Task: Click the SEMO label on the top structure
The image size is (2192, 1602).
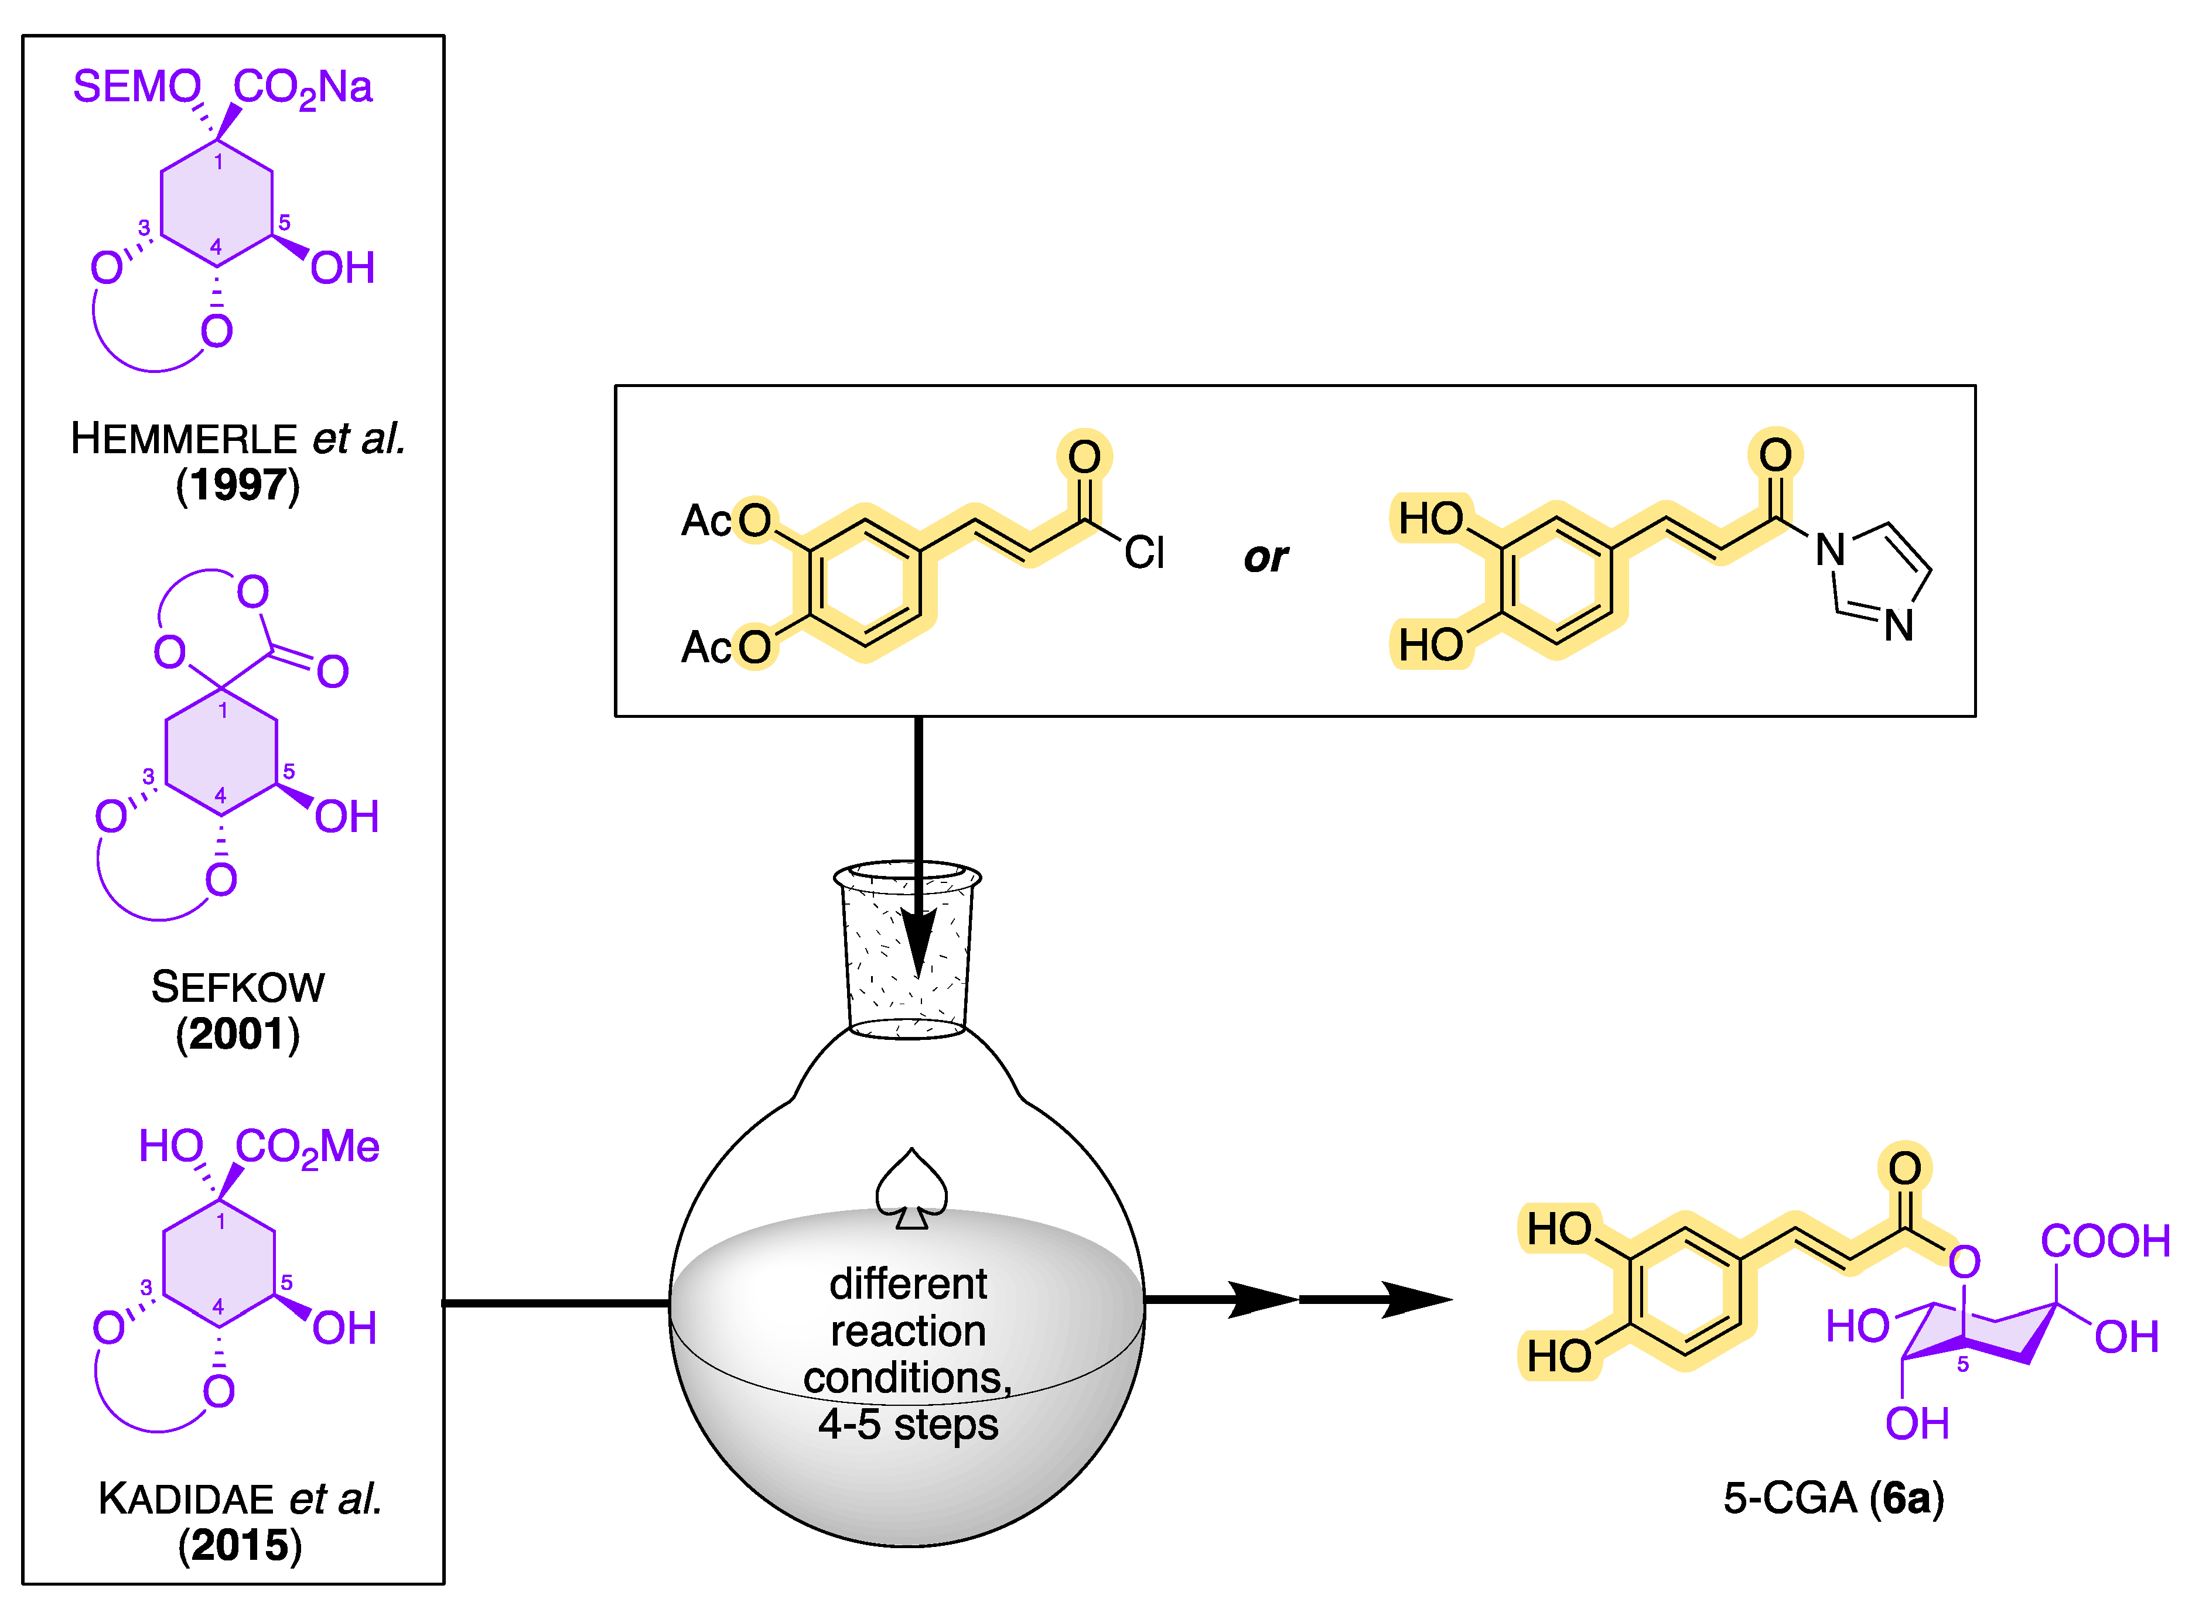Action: pyautogui.click(x=136, y=87)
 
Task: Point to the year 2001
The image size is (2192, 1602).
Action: pyautogui.click(x=238, y=1035)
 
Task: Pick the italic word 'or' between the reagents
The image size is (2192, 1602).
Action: pyautogui.click(x=1266, y=557)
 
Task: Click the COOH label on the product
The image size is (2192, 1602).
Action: pyautogui.click(x=2105, y=1241)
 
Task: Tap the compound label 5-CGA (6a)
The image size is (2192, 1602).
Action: pyautogui.click(x=1833, y=1499)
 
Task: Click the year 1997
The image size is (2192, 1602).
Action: pyautogui.click(x=238, y=485)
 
